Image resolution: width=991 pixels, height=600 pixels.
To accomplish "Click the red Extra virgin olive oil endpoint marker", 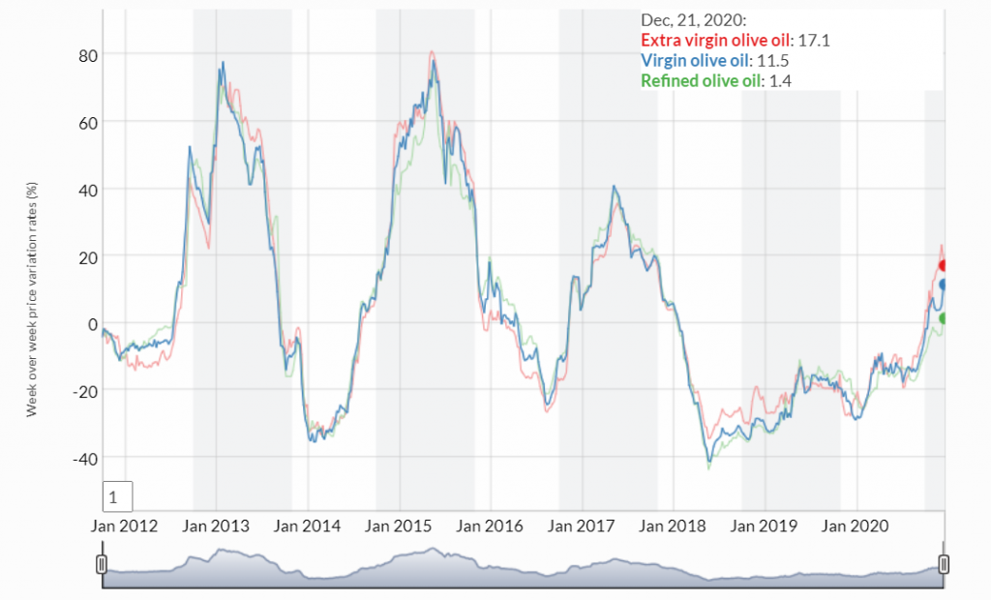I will (944, 265).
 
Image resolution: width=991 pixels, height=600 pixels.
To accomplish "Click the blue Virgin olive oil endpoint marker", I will (944, 285).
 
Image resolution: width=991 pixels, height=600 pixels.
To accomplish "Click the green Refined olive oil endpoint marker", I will (944, 318).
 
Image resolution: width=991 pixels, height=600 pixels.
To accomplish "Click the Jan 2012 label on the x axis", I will (125, 526).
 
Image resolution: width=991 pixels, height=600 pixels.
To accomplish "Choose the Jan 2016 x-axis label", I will (490, 526).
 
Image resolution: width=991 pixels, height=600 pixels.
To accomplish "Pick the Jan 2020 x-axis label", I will (855, 526).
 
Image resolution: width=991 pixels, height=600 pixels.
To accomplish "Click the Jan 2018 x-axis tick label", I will (673, 526).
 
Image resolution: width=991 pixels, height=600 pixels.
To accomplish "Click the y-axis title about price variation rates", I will (31, 300).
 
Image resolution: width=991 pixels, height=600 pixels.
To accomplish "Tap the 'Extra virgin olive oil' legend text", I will (716, 41).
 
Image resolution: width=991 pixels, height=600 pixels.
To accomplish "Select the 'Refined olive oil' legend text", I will (702, 81).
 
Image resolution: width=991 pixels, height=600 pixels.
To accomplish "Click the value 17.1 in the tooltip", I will (814, 41).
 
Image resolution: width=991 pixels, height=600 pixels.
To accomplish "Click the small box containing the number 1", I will (116, 497).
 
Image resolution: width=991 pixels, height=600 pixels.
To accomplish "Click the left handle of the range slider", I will (102, 564).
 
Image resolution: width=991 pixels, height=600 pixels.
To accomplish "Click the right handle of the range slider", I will (945, 564).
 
